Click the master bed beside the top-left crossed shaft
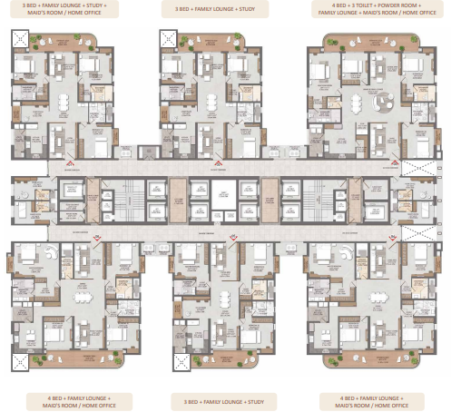pos(25,68)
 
